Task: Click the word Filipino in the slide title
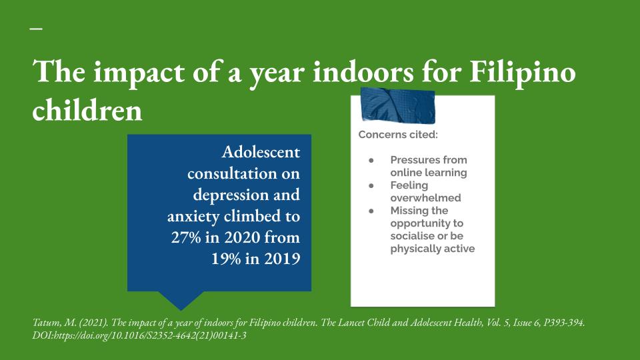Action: tap(523, 73)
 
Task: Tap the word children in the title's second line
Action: tap(87, 110)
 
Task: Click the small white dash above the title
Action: tap(36, 29)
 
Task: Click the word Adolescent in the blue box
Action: tap(261, 152)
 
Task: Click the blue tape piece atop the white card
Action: tap(397, 105)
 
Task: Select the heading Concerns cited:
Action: tap(398, 135)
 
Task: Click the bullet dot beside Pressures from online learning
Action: tap(371, 161)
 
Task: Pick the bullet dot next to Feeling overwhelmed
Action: tap(371, 186)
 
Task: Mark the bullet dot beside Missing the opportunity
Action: tap(371, 211)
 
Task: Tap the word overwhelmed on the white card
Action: tap(426, 198)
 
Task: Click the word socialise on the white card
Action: tap(410, 236)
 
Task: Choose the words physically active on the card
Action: tap(433, 249)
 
